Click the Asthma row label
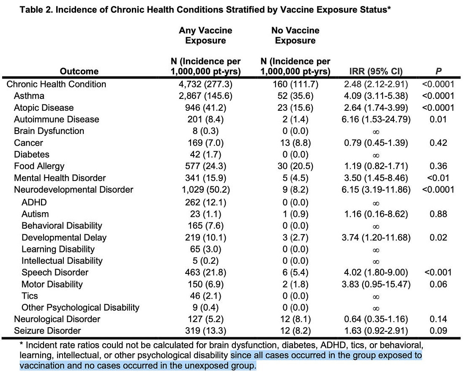(x=29, y=96)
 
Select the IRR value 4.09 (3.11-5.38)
(x=376, y=96)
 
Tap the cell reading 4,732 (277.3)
(x=205, y=84)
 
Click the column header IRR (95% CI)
(x=376, y=71)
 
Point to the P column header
(x=438, y=71)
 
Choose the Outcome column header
(x=79, y=71)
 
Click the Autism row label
(x=35, y=214)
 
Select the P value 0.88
(x=438, y=214)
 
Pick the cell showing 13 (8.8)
(x=295, y=143)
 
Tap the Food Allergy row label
(x=39, y=167)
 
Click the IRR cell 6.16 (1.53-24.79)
(x=376, y=120)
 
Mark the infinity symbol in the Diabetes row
(x=376, y=155)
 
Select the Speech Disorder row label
(x=55, y=273)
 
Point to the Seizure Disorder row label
(x=47, y=331)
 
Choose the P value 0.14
(x=438, y=319)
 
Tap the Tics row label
(x=30, y=296)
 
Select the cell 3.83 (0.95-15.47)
(x=376, y=284)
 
